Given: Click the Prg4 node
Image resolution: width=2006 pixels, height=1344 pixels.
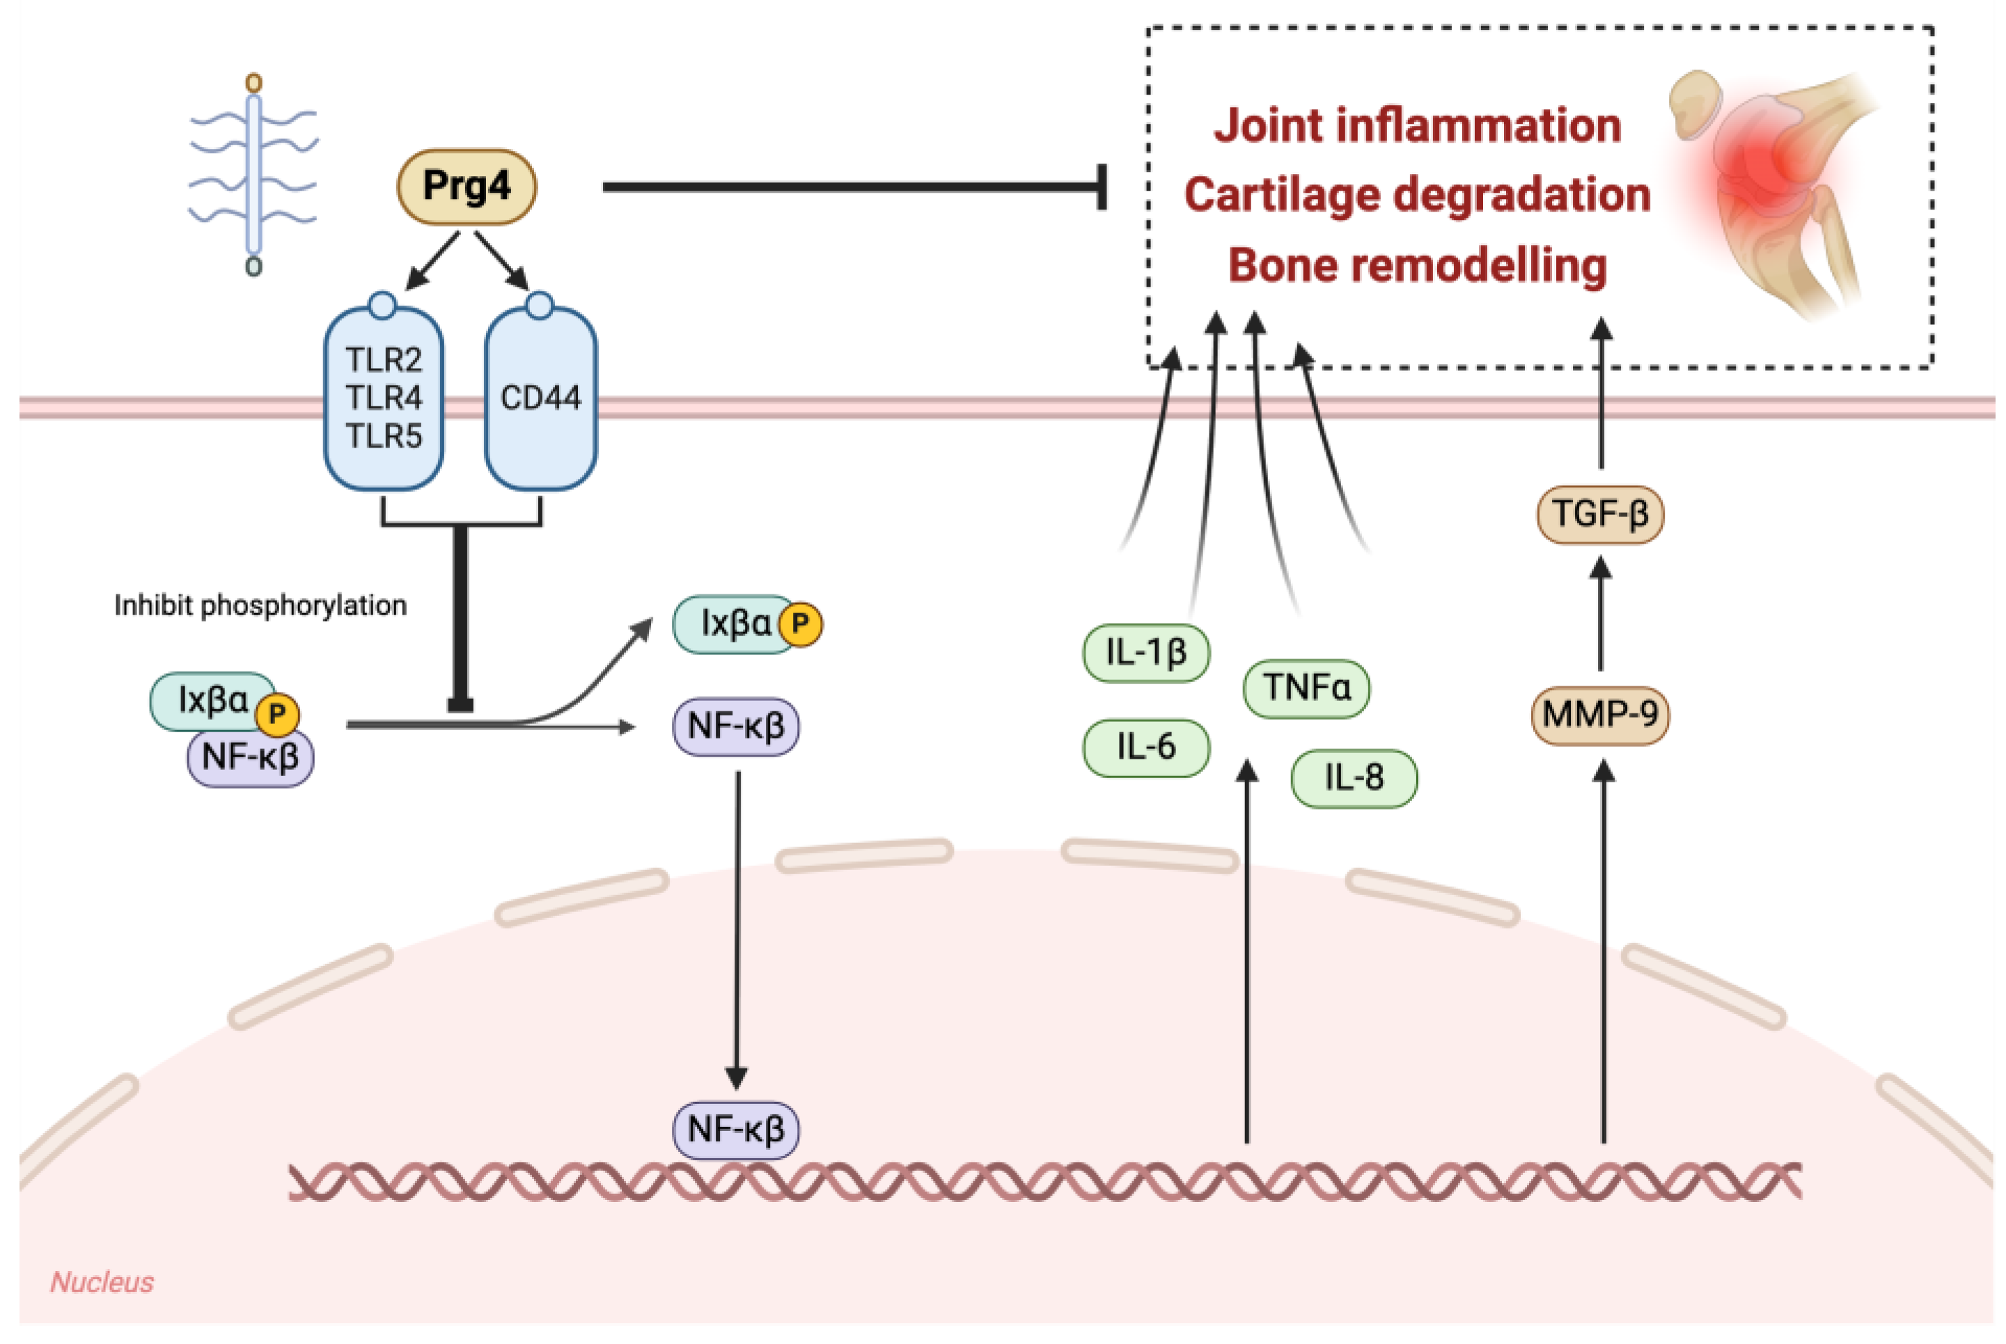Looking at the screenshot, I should (x=467, y=187).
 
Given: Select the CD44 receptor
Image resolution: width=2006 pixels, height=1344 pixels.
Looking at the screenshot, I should (x=540, y=397).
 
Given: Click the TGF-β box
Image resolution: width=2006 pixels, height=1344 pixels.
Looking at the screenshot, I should (x=1599, y=514).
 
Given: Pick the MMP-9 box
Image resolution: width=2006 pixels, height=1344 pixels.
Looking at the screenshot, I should (x=1599, y=714).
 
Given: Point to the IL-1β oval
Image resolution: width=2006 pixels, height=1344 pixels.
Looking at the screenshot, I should (x=1146, y=653).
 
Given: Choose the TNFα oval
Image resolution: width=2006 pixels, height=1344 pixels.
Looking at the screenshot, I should (x=1306, y=688).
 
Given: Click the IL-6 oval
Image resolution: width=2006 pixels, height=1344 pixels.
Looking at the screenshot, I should (x=1146, y=748).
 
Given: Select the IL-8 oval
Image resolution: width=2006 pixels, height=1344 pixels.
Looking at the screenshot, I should (x=1354, y=778).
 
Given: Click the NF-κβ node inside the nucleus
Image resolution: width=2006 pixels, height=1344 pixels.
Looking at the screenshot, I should (x=735, y=1130).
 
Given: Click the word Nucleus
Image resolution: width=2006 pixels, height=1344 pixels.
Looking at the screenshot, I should (x=101, y=1282).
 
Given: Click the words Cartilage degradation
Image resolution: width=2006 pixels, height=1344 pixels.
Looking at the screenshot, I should (x=1417, y=196).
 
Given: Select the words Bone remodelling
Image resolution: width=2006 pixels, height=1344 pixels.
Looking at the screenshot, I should (x=1417, y=266).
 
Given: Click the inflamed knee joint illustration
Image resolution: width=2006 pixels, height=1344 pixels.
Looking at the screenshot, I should (x=1775, y=189).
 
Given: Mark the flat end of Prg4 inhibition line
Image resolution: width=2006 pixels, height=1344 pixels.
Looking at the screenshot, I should (x=1102, y=187).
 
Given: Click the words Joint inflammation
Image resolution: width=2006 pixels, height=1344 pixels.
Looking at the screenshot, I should (x=1417, y=126).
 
